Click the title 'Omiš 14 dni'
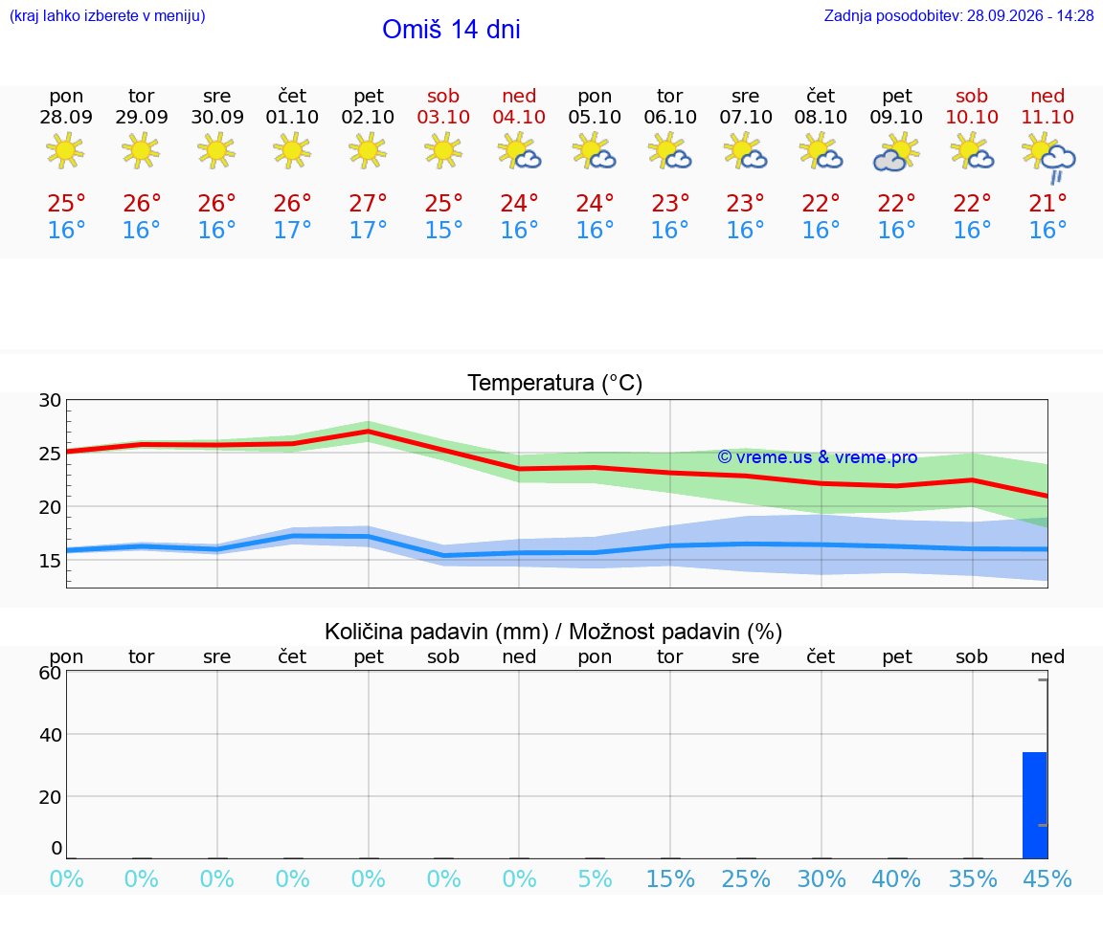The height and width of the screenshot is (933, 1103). pos(451,30)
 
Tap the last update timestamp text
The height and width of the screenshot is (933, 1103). pos(958,16)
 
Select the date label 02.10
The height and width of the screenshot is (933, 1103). pos(368,118)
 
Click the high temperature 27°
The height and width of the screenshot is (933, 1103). pos(368,204)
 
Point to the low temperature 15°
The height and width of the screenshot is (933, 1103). pos(443,230)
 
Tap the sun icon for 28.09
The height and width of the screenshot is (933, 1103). pos(65,150)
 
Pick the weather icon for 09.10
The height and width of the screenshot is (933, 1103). pos(896,152)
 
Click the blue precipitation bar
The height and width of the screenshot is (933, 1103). pos(1035,805)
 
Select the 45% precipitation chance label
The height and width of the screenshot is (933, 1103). pos(1047,879)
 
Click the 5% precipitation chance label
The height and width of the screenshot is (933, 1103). pos(596,879)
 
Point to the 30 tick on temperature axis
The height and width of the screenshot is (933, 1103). pos(50,401)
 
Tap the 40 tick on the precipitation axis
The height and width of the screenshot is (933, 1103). pos(50,735)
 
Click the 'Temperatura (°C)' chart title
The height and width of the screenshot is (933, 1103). pos(555,383)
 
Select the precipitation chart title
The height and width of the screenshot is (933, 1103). pos(552,633)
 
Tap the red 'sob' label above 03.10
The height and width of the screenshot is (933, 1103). pos(443,97)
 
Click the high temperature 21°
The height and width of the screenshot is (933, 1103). pos(1047,204)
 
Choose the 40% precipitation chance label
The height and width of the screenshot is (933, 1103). pos(896,879)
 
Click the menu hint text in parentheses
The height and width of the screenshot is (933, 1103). pos(107,16)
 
